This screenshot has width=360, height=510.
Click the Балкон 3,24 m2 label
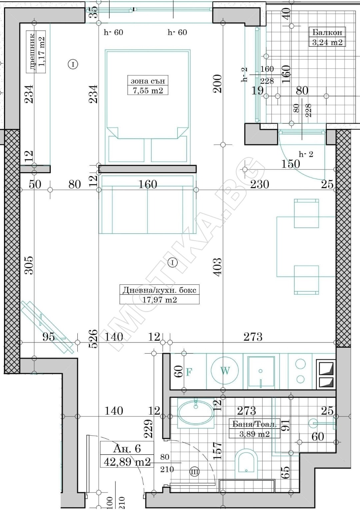tap(327, 37)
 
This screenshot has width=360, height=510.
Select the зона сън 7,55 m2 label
tap(148, 85)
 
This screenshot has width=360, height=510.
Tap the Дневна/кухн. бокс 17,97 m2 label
tap(159, 295)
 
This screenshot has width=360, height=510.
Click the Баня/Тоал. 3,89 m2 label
tap(254, 429)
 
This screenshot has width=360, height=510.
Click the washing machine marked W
tap(225, 371)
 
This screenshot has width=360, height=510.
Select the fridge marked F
tap(189, 372)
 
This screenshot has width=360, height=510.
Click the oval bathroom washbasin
tap(196, 413)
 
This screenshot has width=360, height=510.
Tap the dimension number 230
tap(259, 184)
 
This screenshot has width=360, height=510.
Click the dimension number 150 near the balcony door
tap(290, 164)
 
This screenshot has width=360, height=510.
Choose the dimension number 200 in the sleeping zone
tap(217, 84)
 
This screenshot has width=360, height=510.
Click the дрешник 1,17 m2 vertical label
tap(36, 52)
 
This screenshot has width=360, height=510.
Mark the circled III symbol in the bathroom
tap(194, 472)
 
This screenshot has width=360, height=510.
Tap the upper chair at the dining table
tap(306, 213)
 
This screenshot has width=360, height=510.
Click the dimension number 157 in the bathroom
tap(217, 451)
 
